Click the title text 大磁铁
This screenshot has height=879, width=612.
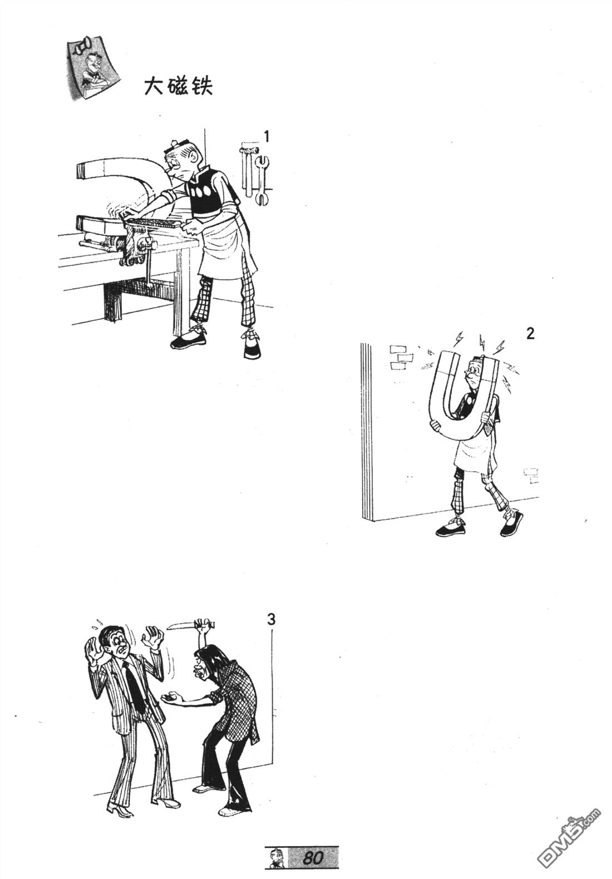pyautogui.click(x=178, y=87)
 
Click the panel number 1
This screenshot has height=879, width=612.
pyautogui.click(x=267, y=136)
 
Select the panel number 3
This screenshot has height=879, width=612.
pyautogui.click(x=271, y=619)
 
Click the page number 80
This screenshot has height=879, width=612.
pyautogui.click(x=313, y=858)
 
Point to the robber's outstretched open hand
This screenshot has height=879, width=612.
pyautogui.click(x=171, y=698)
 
